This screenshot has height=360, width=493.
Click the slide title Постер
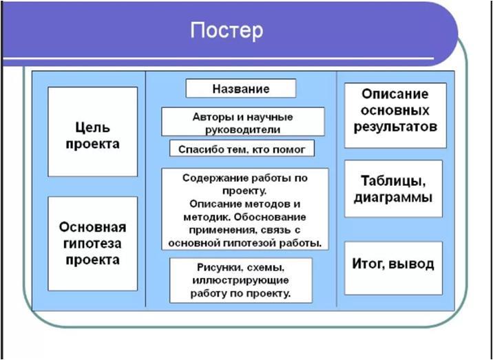tap(227, 30)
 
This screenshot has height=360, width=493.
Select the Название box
tap(241, 88)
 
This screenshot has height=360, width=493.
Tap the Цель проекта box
tap(92, 131)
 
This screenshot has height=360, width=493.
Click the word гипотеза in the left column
tap(92, 244)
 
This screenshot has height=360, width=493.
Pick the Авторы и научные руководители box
tap(243, 122)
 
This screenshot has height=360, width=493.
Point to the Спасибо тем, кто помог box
tap(242, 148)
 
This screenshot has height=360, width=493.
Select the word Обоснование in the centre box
tap(270, 218)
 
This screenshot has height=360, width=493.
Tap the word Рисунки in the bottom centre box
tap(220, 268)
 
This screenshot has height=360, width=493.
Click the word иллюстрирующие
tap(241, 280)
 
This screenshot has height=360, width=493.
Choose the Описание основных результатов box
tap(395, 116)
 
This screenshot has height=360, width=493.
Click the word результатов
tap(395, 127)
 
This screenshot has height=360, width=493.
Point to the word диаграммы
tap(393, 198)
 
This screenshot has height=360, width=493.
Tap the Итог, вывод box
tap(393, 268)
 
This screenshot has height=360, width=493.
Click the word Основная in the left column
tap(92, 227)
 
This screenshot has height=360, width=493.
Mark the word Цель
tap(92, 127)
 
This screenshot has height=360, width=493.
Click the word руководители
tap(243, 129)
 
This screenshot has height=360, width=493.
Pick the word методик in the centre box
tap(207, 218)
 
